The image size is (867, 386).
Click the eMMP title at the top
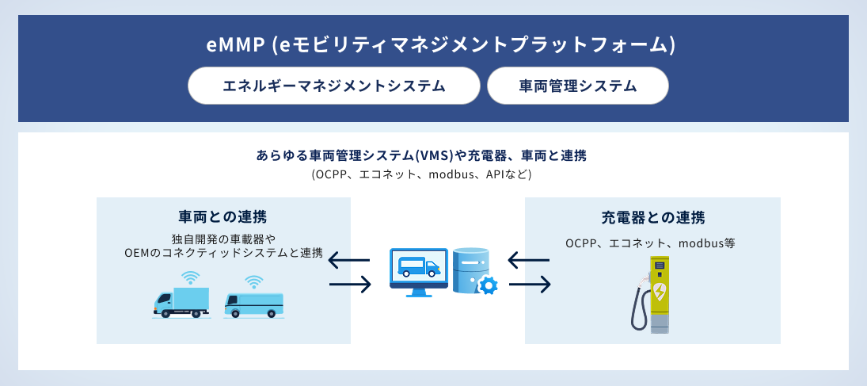click(x=440, y=46)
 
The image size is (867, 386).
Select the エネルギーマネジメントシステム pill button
click(x=334, y=86)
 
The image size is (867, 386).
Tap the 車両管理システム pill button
click(x=578, y=86)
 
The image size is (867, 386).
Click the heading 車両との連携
click(x=222, y=216)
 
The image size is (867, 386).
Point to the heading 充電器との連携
click(x=652, y=216)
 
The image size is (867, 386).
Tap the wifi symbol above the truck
click(x=190, y=277)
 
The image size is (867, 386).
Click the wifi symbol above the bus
click(x=253, y=281)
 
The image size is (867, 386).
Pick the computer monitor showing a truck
click(x=419, y=269)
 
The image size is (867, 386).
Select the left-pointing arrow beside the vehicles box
click(x=349, y=260)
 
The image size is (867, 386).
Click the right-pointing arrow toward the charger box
click(x=530, y=284)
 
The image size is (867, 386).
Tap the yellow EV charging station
click(x=659, y=293)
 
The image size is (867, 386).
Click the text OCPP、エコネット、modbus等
click(x=651, y=243)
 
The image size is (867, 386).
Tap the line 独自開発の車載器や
click(x=222, y=239)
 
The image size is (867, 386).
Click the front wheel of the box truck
click(x=166, y=312)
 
